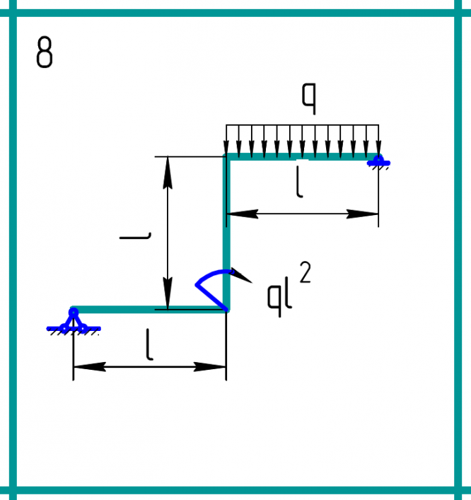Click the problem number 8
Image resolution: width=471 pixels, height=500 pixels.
pos(44,53)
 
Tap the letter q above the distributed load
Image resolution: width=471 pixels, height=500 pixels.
pos(308,99)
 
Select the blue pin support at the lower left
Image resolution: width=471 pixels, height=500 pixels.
pos(74,322)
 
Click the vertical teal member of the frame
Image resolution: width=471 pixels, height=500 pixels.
pos(226,226)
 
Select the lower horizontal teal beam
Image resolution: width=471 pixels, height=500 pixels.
pos(149,309)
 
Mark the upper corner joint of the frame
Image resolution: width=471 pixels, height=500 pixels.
pos(226,156)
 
